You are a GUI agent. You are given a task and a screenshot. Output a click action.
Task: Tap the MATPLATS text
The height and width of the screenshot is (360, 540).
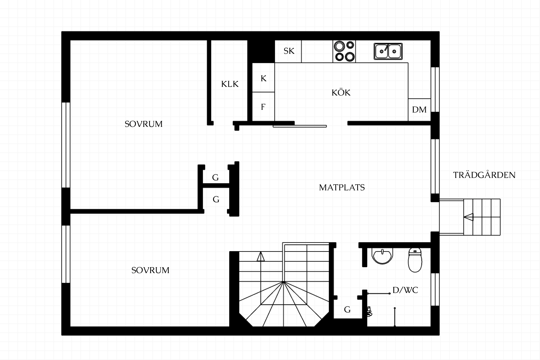pos(342,188)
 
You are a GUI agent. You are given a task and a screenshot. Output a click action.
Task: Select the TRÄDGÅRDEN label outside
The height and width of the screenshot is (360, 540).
pos(484,175)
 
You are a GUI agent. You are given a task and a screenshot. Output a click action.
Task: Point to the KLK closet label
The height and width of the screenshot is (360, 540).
pos(230,84)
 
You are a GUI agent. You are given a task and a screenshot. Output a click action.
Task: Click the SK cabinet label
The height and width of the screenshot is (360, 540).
pos(289,51)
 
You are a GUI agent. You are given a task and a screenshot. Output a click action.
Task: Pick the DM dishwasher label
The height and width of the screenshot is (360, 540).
pos(419,109)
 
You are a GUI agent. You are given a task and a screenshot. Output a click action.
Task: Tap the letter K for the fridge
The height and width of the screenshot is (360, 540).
pos(263,78)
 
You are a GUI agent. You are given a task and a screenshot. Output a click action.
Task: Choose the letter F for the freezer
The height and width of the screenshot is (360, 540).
pos(263,107)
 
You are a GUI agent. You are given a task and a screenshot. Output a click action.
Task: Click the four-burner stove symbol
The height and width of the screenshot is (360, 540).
pos(344,51)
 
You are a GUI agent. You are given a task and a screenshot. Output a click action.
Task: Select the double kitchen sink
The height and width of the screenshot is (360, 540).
pos(388,51)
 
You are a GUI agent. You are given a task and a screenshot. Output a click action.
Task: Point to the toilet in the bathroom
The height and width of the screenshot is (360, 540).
pos(415,260)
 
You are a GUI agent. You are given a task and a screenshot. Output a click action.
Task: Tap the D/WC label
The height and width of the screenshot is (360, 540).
pos(405,290)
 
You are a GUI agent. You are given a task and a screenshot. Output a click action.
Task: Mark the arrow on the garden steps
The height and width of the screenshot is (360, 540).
pos(469,217)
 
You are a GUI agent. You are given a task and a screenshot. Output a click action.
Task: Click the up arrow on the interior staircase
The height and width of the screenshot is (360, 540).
pos(261,256)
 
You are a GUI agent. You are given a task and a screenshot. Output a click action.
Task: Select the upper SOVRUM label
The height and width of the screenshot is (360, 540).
pos(143,124)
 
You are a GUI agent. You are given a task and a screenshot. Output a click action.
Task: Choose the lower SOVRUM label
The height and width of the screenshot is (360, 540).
pos(150,270)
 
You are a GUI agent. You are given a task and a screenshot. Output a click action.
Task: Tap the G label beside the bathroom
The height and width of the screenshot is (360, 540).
pos(347,310)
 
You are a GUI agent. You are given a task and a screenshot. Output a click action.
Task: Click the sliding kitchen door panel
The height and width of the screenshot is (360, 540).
pos(300,126)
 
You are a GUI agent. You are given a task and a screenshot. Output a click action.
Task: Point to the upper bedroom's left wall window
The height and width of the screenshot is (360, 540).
pos(66,145)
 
